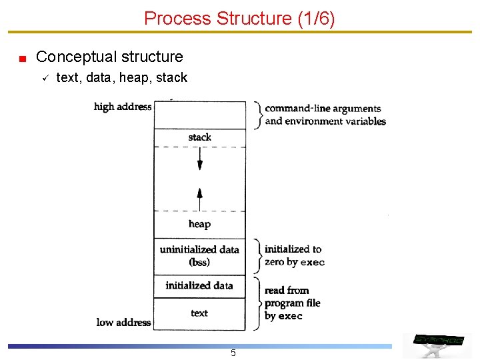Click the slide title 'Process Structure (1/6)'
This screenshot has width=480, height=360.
point(239,18)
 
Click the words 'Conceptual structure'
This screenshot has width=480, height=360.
point(109,57)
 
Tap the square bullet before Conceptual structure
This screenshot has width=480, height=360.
point(22,59)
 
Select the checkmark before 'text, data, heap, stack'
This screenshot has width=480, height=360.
point(42,79)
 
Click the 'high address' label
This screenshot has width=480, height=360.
point(123,107)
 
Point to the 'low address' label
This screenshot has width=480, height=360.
point(123,323)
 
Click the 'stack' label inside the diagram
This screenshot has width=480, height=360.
point(199,137)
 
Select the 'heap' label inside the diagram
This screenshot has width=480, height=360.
point(199,224)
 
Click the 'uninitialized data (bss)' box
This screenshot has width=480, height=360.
point(199,256)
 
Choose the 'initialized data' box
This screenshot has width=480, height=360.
point(199,286)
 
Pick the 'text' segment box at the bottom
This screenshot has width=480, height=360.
point(199,313)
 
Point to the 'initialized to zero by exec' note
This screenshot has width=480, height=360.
point(294,255)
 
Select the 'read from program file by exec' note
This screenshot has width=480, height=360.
point(292,303)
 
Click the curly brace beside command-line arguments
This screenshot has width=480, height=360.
point(257,115)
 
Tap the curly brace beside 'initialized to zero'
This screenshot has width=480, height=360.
point(257,255)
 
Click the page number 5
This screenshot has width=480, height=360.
point(233,353)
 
